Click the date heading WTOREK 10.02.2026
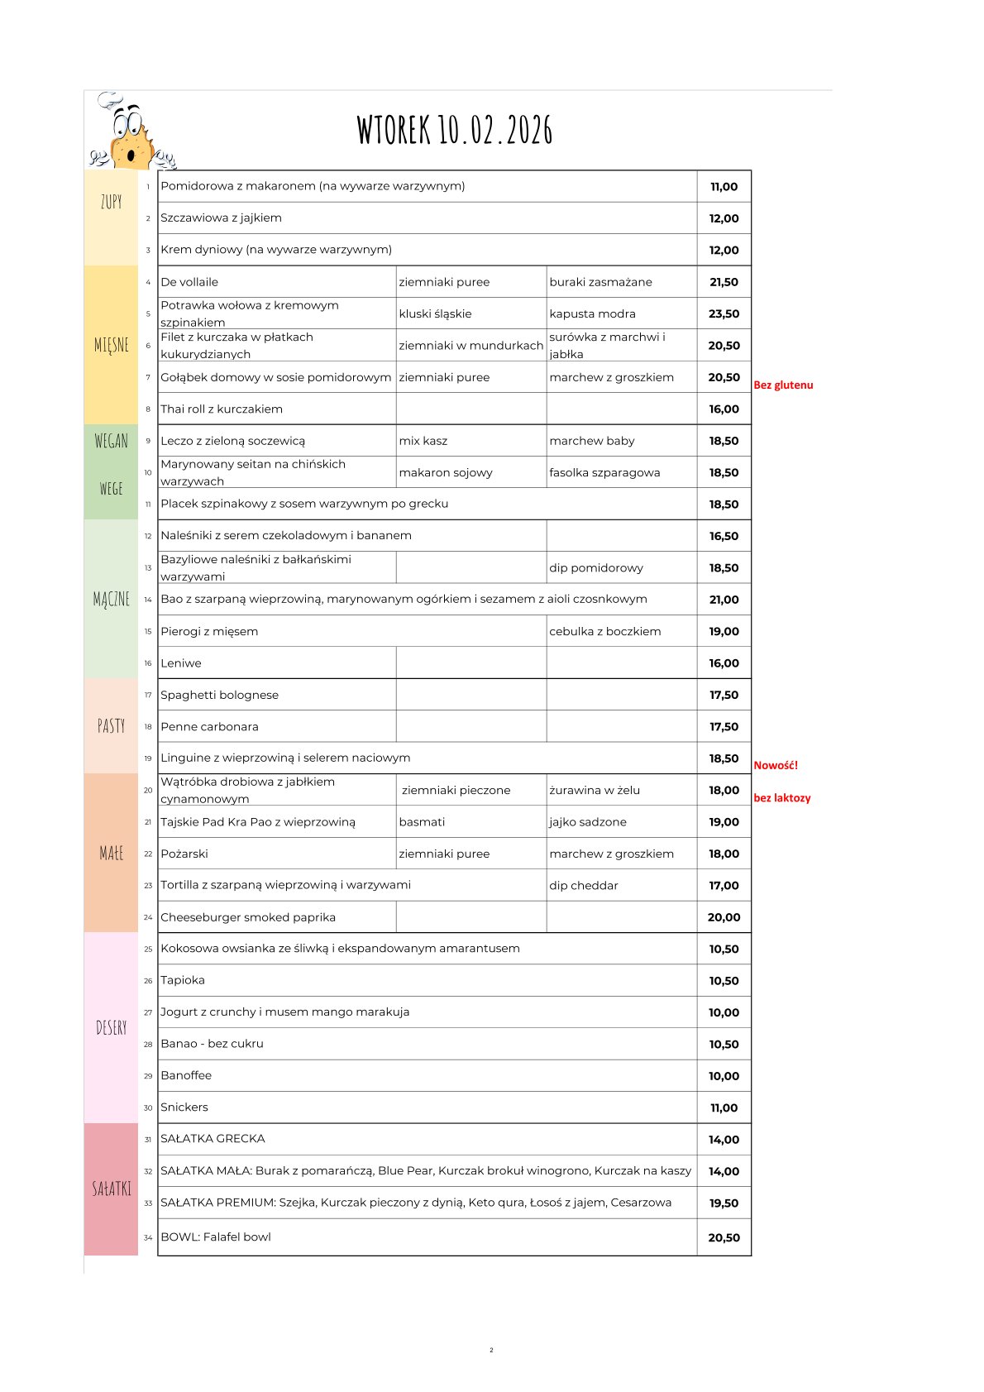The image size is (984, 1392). (x=454, y=130)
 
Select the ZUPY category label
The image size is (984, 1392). (x=111, y=201)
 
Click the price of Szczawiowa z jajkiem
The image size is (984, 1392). (x=724, y=218)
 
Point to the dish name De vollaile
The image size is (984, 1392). (x=189, y=282)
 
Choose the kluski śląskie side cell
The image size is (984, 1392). (x=435, y=313)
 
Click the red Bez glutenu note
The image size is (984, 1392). (x=783, y=385)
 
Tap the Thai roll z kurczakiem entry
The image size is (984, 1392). (x=222, y=409)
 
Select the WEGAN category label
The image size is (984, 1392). (x=111, y=441)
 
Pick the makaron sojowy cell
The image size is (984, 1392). (x=446, y=472)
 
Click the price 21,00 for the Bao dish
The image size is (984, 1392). (x=724, y=600)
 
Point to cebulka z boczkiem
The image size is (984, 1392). (x=604, y=631)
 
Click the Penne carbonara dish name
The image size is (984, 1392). (x=209, y=726)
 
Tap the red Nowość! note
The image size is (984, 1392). (x=776, y=765)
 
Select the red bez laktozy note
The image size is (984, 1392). (x=781, y=798)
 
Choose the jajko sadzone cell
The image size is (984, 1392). (x=587, y=822)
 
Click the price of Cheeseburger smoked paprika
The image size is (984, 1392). (x=724, y=917)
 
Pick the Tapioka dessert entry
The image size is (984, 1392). (x=183, y=980)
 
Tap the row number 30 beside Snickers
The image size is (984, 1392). (x=148, y=1107)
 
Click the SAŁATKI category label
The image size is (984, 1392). (x=111, y=1189)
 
